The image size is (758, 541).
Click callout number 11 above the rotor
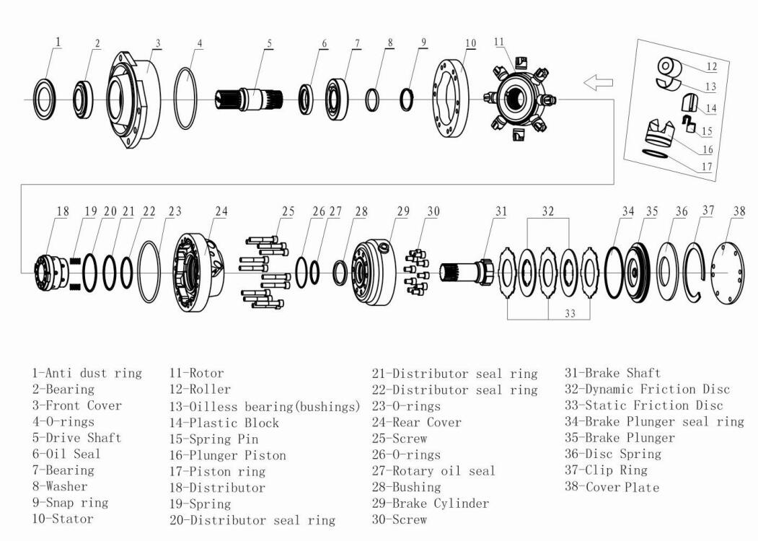tap(499, 42)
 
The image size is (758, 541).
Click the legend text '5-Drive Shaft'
tap(76, 438)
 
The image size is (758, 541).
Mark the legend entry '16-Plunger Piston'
tap(227, 455)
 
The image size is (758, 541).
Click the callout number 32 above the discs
tap(548, 212)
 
